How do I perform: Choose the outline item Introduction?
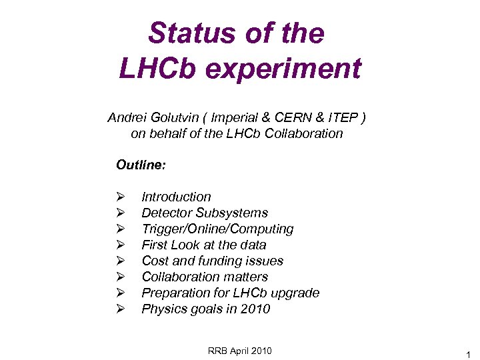pos(176,197)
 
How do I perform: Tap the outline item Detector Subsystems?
pos(205,213)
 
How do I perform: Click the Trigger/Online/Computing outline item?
pos(217,229)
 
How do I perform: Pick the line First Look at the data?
pos(204,245)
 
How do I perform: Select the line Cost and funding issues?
pos(212,261)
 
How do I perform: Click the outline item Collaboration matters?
pos(205,277)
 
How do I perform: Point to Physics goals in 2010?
pos(205,309)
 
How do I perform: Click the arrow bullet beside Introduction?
pos(120,197)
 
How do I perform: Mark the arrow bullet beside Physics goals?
pos(120,309)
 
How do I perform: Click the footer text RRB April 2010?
pos(240,351)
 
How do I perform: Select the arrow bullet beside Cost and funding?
pos(120,261)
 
